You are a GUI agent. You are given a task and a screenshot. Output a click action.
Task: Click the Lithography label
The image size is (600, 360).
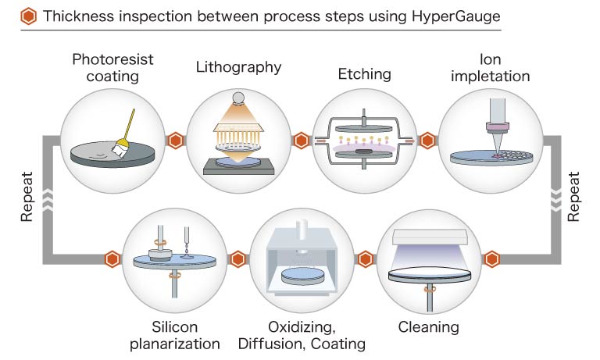pyautogui.click(x=238, y=66)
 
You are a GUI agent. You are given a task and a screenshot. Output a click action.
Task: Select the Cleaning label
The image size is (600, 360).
pyautogui.click(x=428, y=326)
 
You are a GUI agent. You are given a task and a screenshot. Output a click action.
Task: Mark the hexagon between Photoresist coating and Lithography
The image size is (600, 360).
pyautogui.click(x=177, y=141)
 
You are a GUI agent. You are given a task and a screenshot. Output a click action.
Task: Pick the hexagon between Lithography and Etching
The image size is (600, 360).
pyautogui.click(x=301, y=141)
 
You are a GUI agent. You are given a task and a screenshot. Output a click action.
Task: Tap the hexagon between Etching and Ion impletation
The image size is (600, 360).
pyautogui.click(x=427, y=141)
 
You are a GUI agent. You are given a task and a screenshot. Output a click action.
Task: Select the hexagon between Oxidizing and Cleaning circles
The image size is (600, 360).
pyautogui.click(x=364, y=258)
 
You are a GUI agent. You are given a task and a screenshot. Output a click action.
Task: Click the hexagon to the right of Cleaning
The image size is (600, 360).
pyautogui.click(x=491, y=258)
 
